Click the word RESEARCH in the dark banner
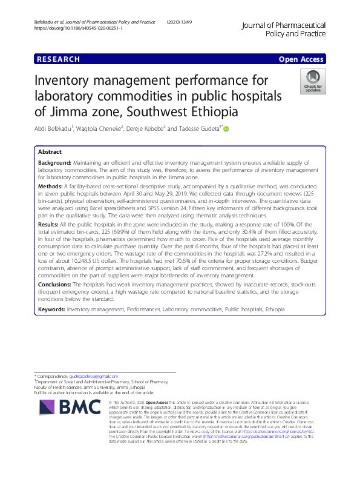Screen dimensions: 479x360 tap(58, 59)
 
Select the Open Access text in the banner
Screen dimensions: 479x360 tap(301, 59)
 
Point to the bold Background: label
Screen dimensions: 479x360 tap(54, 164)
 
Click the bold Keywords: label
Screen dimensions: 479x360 tap(52, 309)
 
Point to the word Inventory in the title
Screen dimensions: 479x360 tap(68, 81)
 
